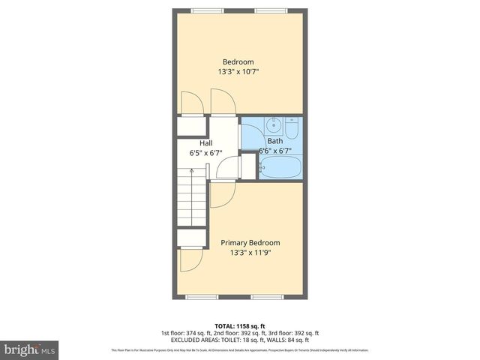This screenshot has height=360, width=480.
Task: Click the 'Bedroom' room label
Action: point(238,61)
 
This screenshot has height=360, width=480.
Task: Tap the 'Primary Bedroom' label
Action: point(250,242)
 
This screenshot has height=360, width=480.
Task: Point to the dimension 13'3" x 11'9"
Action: point(250,253)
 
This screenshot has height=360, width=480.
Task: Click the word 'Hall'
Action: point(205,142)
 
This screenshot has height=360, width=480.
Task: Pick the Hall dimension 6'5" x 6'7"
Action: point(205,153)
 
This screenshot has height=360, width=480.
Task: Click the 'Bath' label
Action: point(275,140)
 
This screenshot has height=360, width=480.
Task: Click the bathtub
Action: point(280,167)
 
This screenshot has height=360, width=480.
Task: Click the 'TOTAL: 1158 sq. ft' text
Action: point(239,325)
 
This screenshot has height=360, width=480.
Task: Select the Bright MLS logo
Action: point(29,349)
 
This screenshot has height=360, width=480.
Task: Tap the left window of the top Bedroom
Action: point(202,10)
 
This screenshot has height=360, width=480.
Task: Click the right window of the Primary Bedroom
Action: point(266,297)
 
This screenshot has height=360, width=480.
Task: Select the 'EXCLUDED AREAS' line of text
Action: point(239,340)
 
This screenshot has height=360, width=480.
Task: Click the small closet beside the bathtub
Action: point(248,166)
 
